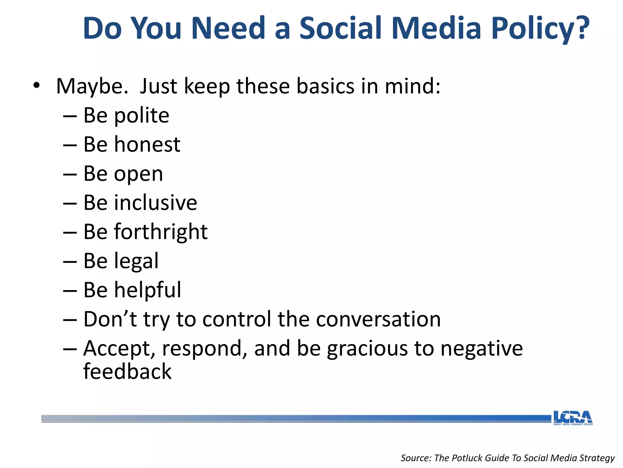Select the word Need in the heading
228,28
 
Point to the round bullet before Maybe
37,86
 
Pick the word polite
141,116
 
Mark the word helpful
148,290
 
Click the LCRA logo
573,418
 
